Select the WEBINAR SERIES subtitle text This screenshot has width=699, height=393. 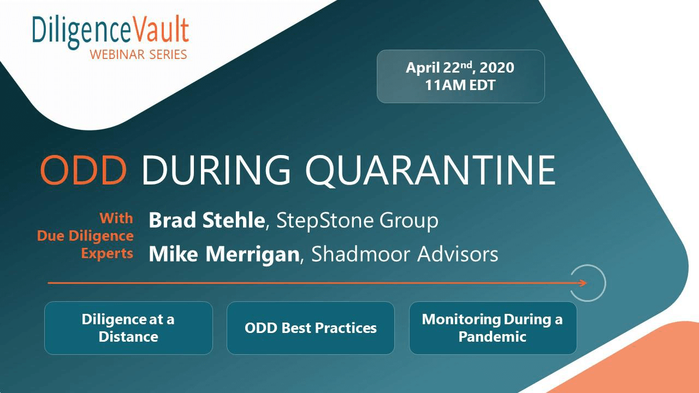pos(139,55)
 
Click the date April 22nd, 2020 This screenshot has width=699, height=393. pos(460,67)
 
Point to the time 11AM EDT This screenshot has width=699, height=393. pos(460,85)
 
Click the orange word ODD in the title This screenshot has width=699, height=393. pos(84,170)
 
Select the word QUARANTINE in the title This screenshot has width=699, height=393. pos(430,171)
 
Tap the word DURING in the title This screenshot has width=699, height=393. pos(216,170)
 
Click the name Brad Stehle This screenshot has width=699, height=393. pos(207,220)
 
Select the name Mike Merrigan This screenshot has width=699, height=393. pos(224,254)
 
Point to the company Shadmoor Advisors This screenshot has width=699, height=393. pos(405,254)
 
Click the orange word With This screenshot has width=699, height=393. pos(116,218)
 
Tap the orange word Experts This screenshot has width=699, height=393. pos(108,253)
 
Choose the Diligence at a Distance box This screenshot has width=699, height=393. pos(128,328)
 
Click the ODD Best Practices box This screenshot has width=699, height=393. pos(311,328)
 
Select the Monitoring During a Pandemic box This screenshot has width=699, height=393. pos(493,328)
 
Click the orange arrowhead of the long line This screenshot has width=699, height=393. pos(583,283)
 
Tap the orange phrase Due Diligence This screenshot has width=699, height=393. pos(85,236)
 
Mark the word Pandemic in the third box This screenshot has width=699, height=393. pos(493,337)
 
